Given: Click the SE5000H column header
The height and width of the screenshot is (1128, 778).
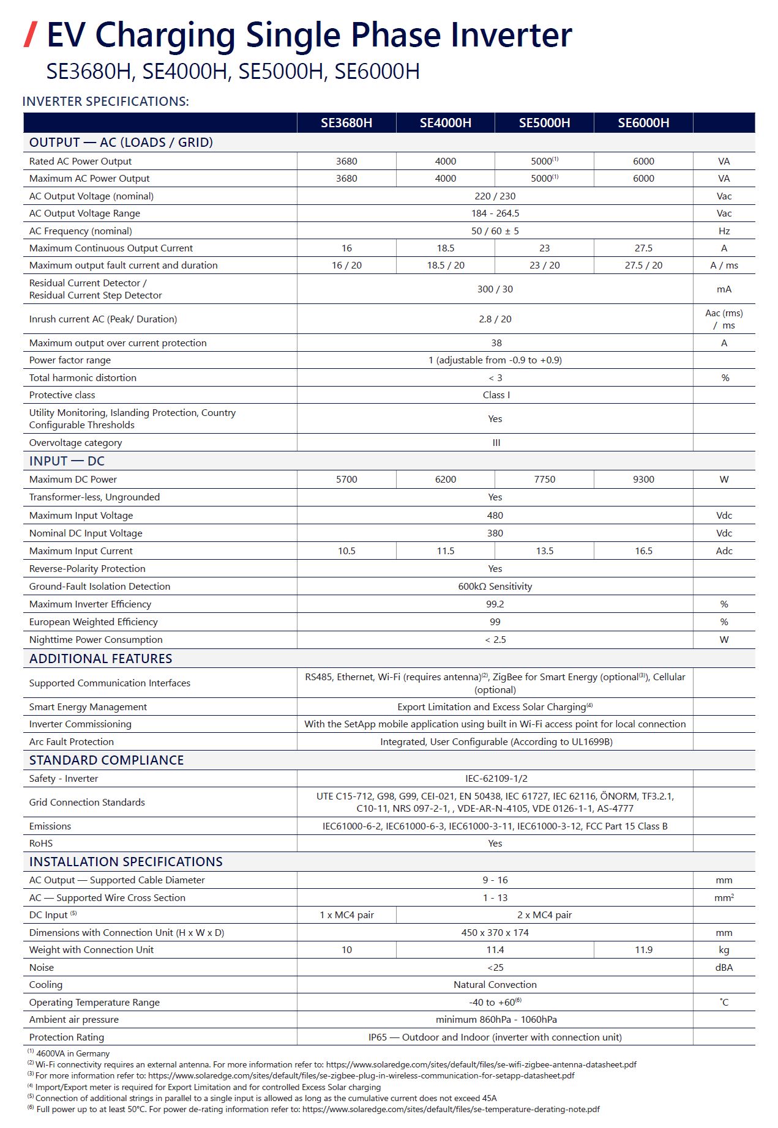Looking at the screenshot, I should pos(544,123).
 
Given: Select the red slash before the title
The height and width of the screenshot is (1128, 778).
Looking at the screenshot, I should pos(31,34).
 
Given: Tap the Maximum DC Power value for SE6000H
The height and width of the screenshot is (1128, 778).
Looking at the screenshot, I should pos(643,480).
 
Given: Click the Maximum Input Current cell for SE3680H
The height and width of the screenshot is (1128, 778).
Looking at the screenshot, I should pos(346,551).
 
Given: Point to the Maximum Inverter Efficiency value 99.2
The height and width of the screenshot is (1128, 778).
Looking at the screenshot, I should pos(495,604).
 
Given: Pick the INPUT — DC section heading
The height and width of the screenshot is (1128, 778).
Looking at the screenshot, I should pos(67,461).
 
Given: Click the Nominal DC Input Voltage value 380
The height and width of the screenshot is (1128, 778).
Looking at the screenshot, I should pos(495,533).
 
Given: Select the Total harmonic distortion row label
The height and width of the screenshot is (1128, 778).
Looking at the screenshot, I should pos(83,378).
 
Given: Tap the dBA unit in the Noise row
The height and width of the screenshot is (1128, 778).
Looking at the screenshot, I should pos(724,968).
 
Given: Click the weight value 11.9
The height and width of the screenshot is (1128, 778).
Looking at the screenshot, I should pos(643,950).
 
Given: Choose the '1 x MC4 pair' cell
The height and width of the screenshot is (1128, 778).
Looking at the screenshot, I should pos(346,915).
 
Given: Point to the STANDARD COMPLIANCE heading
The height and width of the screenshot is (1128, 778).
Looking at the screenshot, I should pos(107,760).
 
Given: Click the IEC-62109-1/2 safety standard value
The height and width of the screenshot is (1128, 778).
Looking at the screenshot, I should pos(496,779).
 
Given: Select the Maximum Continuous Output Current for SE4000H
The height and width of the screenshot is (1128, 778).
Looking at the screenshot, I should pos(446,248).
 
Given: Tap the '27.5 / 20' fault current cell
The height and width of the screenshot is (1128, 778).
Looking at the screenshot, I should pos(643,265).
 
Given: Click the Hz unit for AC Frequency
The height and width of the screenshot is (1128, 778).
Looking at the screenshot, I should pos(724,231).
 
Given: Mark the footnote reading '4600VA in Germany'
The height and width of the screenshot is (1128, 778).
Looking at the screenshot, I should pos(72,1054).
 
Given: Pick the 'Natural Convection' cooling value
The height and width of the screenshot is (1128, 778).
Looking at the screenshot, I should pos(495,985).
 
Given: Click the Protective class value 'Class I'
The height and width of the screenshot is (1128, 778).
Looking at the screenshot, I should pos(496,395).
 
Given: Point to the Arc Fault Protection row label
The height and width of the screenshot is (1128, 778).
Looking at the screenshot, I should pos(72,742).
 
